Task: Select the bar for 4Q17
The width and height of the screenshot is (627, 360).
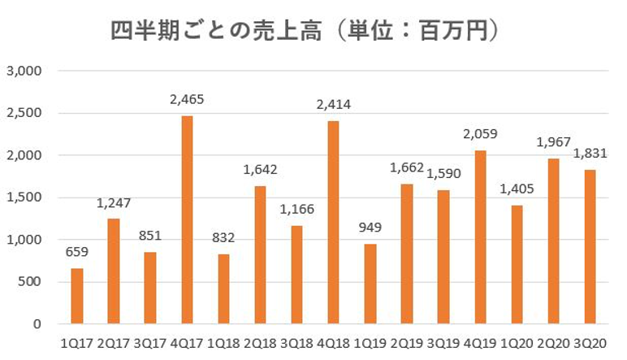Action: [x=187, y=219]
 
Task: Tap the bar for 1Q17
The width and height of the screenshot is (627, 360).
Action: [x=76, y=296]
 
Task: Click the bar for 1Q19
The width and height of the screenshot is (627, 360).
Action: [x=370, y=284]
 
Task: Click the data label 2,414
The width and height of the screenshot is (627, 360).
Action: [x=335, y=104]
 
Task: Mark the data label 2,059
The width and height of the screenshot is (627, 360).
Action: [x=481, y=134]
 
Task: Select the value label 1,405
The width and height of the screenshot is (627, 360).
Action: [x=517, y=189]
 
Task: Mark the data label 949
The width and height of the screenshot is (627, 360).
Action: [x=370, y=228]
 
